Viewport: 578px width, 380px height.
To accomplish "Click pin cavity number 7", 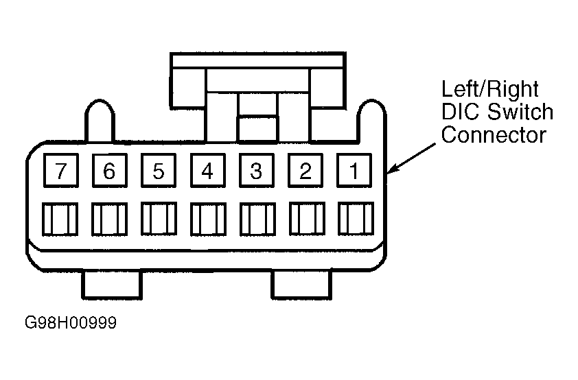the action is [61, 171].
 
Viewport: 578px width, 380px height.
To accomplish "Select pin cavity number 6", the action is [109, 171].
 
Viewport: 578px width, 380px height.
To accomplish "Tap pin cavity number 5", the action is [159, 171].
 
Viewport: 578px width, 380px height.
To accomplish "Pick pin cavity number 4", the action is [208, 171].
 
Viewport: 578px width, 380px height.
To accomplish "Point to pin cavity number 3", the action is [257, 171].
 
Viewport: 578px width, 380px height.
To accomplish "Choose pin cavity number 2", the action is [305, 171].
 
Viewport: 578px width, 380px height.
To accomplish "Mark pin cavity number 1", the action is [354, 171].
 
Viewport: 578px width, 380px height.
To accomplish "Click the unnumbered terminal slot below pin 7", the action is [60, 219].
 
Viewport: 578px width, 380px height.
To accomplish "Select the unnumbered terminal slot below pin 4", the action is [208, 219].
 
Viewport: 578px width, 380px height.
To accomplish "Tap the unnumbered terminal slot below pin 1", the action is [356, 219].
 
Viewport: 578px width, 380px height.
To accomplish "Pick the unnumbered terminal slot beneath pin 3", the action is [257, 219].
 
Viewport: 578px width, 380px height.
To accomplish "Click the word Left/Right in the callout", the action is [490, 89].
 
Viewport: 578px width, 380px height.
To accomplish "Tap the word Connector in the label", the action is [494, 134].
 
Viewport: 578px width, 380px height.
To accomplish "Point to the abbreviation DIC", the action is [461, 112].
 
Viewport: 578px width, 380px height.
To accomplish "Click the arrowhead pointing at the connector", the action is [391, 169].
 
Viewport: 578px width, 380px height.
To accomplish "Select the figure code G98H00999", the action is [71, 322].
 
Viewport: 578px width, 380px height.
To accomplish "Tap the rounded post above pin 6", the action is [100, 121].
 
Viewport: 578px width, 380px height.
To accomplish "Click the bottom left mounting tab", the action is [112, 284].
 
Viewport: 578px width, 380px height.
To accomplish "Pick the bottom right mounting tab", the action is [301, 284].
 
